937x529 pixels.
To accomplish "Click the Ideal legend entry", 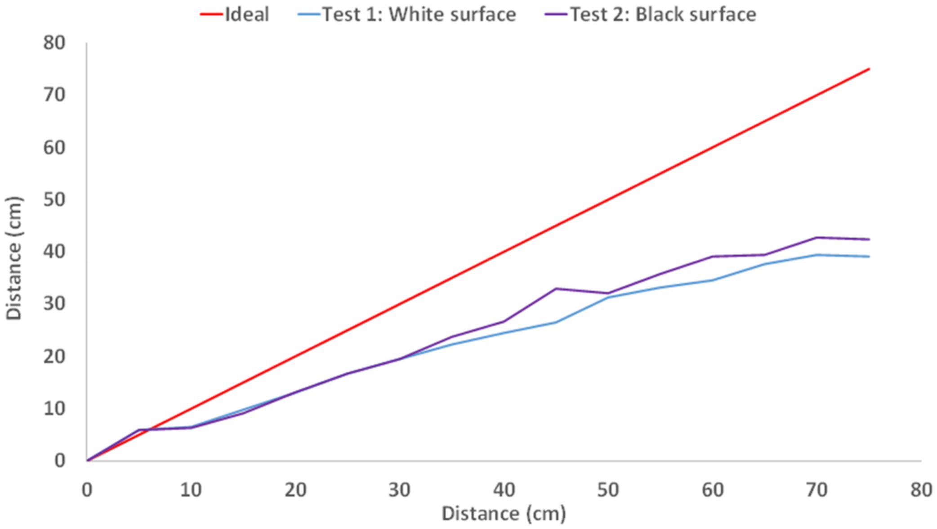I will [x=246, y=14].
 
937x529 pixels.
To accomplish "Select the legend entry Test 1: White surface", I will [x=419, y=14].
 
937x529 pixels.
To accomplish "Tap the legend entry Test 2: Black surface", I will [x=663, y=14].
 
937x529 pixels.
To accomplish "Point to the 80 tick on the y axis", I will [x=54, y=43].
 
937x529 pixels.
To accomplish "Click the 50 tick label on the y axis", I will [x=54, y=199].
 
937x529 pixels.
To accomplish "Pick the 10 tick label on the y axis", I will [x=54, y=409].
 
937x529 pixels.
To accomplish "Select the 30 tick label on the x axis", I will [x=400, y=490].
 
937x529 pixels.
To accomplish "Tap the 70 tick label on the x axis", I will [x=817, y=490].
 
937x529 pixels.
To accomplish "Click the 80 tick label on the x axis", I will [x=921, y=490].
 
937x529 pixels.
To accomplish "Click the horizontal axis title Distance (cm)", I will [x=504, y=514].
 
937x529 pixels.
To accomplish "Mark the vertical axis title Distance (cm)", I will [x=14, y=258].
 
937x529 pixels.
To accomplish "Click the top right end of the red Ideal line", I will [x=869, y=69].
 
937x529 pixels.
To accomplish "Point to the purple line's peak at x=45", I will [x=556, y=289].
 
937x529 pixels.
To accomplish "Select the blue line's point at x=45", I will [x=556, y=322].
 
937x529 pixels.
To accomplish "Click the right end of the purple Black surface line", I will [x=869, y=239].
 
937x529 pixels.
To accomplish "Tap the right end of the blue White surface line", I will [x=869, y=257].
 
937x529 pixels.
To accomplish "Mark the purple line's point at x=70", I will [x=817, y=237].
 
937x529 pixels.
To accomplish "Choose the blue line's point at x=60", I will [x=713, y=280].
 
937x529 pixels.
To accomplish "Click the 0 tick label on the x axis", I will [x=87, y=490].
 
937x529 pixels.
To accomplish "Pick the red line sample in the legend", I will [x=211, y=14].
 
